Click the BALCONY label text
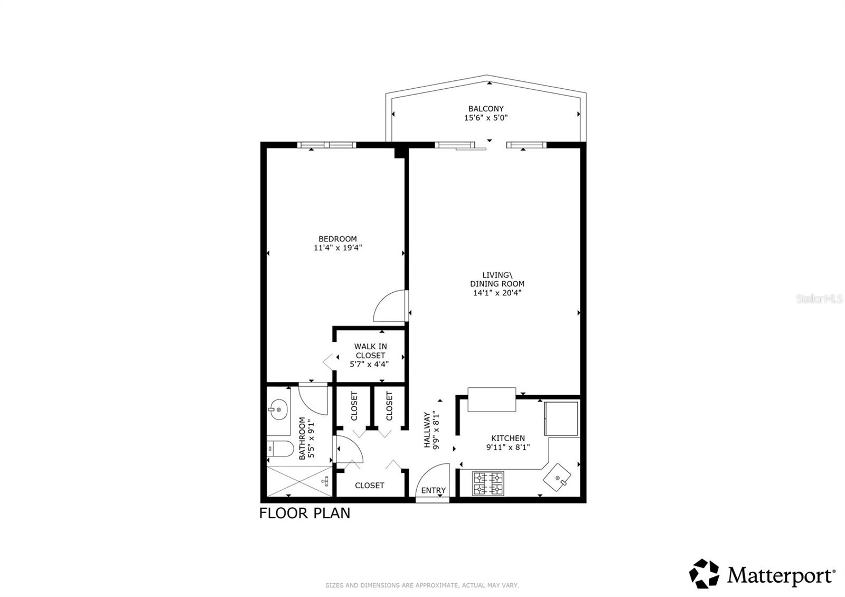(486, 109)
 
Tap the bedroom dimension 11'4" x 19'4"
(337, 247)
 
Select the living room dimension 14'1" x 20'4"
(497, 293)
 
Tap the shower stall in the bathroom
(299, 481)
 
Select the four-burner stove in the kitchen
(487, 483)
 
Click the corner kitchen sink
(557, 478)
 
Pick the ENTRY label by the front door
(433, 490)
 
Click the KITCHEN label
(508, 438)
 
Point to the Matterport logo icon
(705, 574)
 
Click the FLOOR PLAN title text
(305, 513)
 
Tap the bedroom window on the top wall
(326, 145)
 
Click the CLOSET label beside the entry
(369, 485)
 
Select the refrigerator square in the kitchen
(561, 418)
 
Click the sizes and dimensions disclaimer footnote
(422, 585)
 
